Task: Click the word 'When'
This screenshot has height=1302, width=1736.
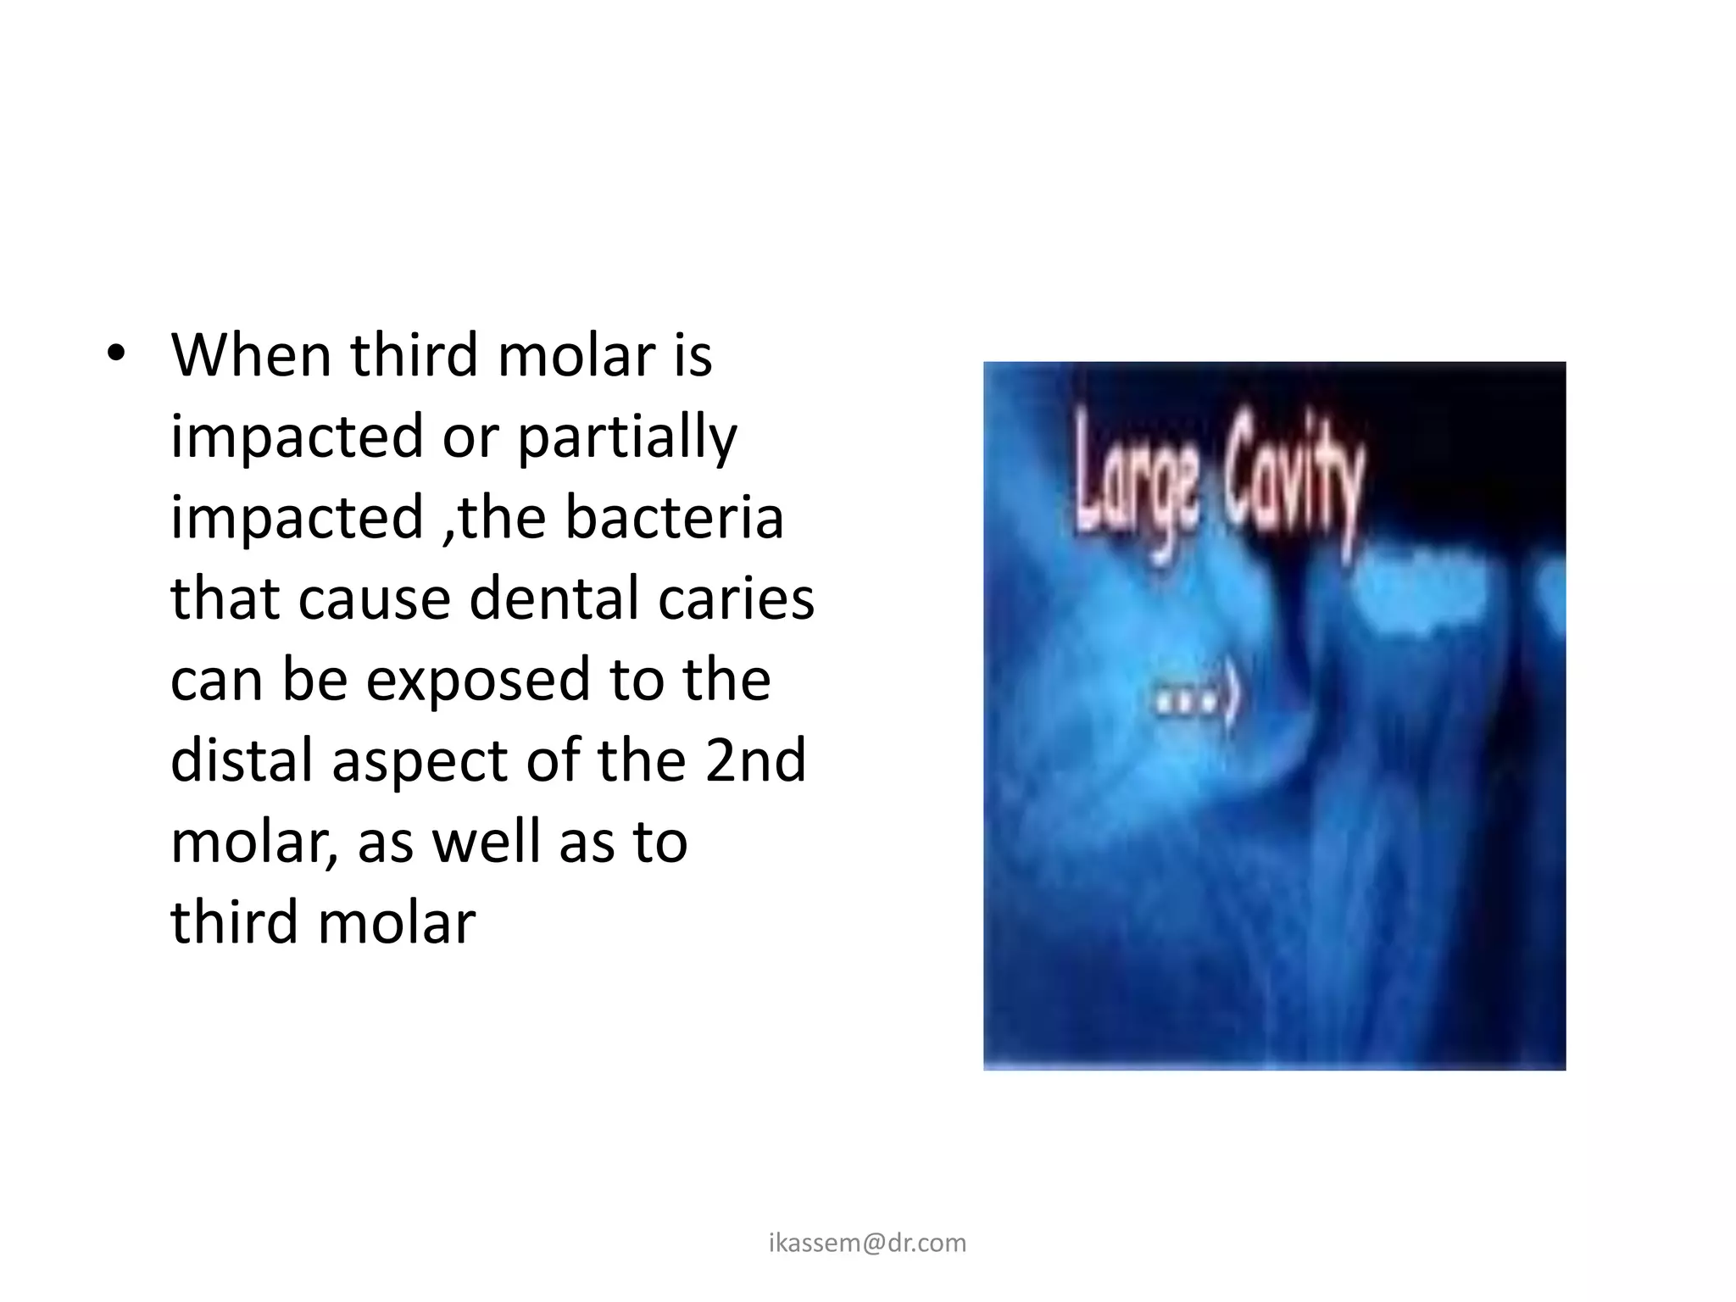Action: tap(251, 355)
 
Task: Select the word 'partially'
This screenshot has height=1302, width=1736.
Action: tap(627, 437)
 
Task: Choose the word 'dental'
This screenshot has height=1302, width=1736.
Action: tap(554, 598)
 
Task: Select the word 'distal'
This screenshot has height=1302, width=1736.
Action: tap(241, 760)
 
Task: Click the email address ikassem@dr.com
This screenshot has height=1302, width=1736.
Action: tap(867, 1243)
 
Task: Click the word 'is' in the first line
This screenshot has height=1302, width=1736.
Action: tap(693, 355)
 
